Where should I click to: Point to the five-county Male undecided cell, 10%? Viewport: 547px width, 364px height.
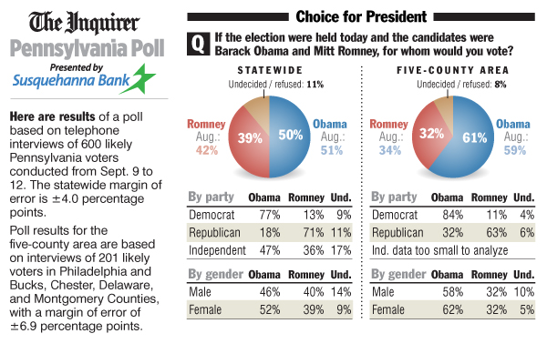point(523,291)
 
